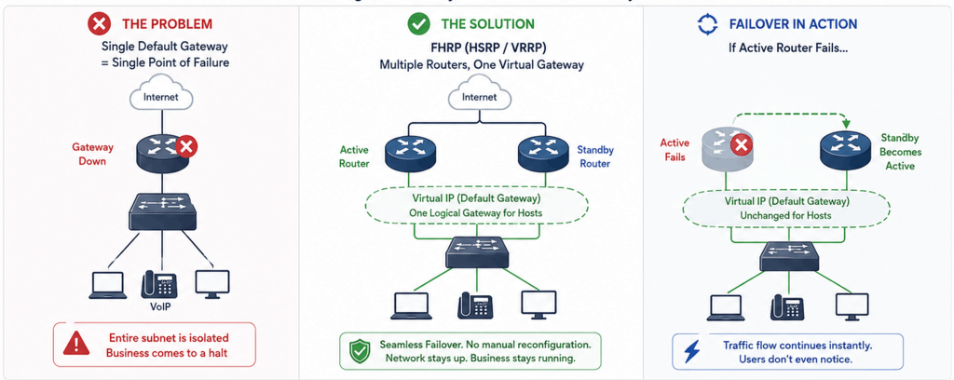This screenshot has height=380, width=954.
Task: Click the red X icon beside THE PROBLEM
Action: (x=99, y=24)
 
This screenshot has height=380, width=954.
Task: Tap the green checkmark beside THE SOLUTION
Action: (x=418, y=24)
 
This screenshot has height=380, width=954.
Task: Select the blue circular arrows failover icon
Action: (x=707, y=24)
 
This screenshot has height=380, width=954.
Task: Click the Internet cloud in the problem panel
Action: (x=161, y=96)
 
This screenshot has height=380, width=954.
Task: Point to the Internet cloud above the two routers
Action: (x=480, y=96)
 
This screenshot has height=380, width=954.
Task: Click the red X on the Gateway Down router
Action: (x=187, y=146)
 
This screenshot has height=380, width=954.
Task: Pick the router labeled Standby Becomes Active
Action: (x=845, y=150)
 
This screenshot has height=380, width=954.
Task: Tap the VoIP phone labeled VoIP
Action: (x=159, y=284)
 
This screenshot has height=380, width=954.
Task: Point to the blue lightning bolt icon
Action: (x=692, y=351)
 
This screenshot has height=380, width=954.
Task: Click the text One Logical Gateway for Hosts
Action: (x=477, y=212)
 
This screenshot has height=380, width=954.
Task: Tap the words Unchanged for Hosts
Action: (x=791, y=215)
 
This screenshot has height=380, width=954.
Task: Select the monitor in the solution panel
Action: (x=538, y=305)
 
